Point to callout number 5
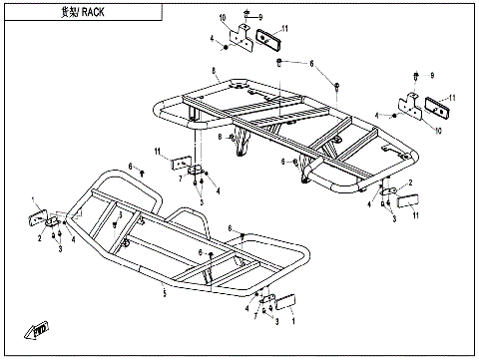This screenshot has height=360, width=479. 164,295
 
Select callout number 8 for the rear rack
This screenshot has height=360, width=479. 214,69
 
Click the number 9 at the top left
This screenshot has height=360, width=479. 260,18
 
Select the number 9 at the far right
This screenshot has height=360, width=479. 432,76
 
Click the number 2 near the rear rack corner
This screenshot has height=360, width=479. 410,183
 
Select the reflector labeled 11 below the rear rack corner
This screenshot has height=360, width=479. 407,199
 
